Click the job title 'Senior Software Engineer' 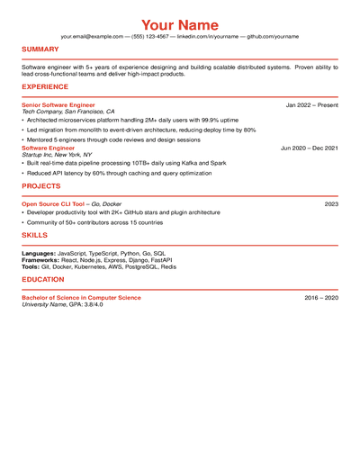pos(58,105)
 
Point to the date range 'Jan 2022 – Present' pos(312,105)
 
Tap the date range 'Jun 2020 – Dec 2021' pos(310,148)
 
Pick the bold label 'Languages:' pos(39,254)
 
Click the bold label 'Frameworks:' pos(41,260)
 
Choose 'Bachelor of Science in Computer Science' pos(81,298)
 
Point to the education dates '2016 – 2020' pos(321,298)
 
